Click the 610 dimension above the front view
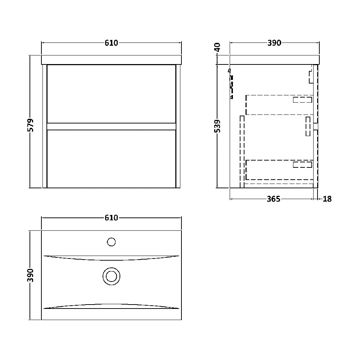coord(112,43)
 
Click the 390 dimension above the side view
coord(274,43)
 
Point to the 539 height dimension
coord(217,127)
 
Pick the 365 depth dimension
coord(274,199)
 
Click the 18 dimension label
coord(327,199)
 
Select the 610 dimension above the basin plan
coord(112,218)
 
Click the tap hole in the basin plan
coord(112,242)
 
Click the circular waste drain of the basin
coord(111,276)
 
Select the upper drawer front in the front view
coord(111,94)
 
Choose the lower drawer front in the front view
coord(111,158)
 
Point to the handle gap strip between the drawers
coord(111,126)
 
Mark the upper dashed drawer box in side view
coord(279,105)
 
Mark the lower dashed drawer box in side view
coord(279,170)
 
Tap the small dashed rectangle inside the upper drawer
coord(302,100)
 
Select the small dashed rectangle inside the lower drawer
coord(302,165)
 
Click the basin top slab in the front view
coord(112,60)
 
